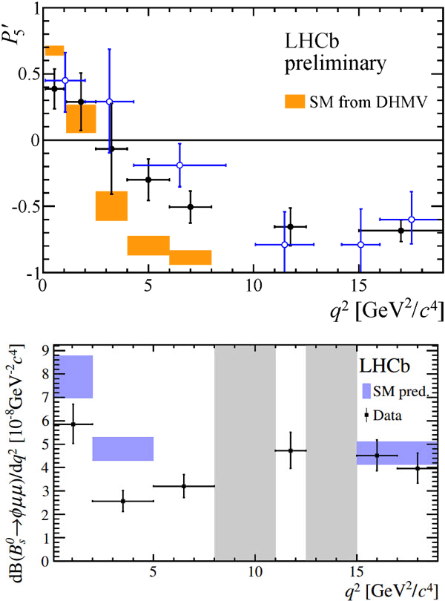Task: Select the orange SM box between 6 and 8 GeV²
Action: [x=191, y=257]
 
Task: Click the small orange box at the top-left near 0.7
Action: [x=54, y=50]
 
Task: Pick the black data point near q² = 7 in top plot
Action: [x=191, y=206]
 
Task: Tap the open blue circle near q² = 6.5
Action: [x=179, y=165]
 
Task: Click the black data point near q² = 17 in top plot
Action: [x=401, y=230]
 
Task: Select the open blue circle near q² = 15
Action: [x=360, y=244]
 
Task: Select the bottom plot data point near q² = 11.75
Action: [x=291, y=450]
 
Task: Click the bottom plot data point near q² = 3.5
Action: [x=123, y=501]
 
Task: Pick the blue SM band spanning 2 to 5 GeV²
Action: [x=123, y=449]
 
